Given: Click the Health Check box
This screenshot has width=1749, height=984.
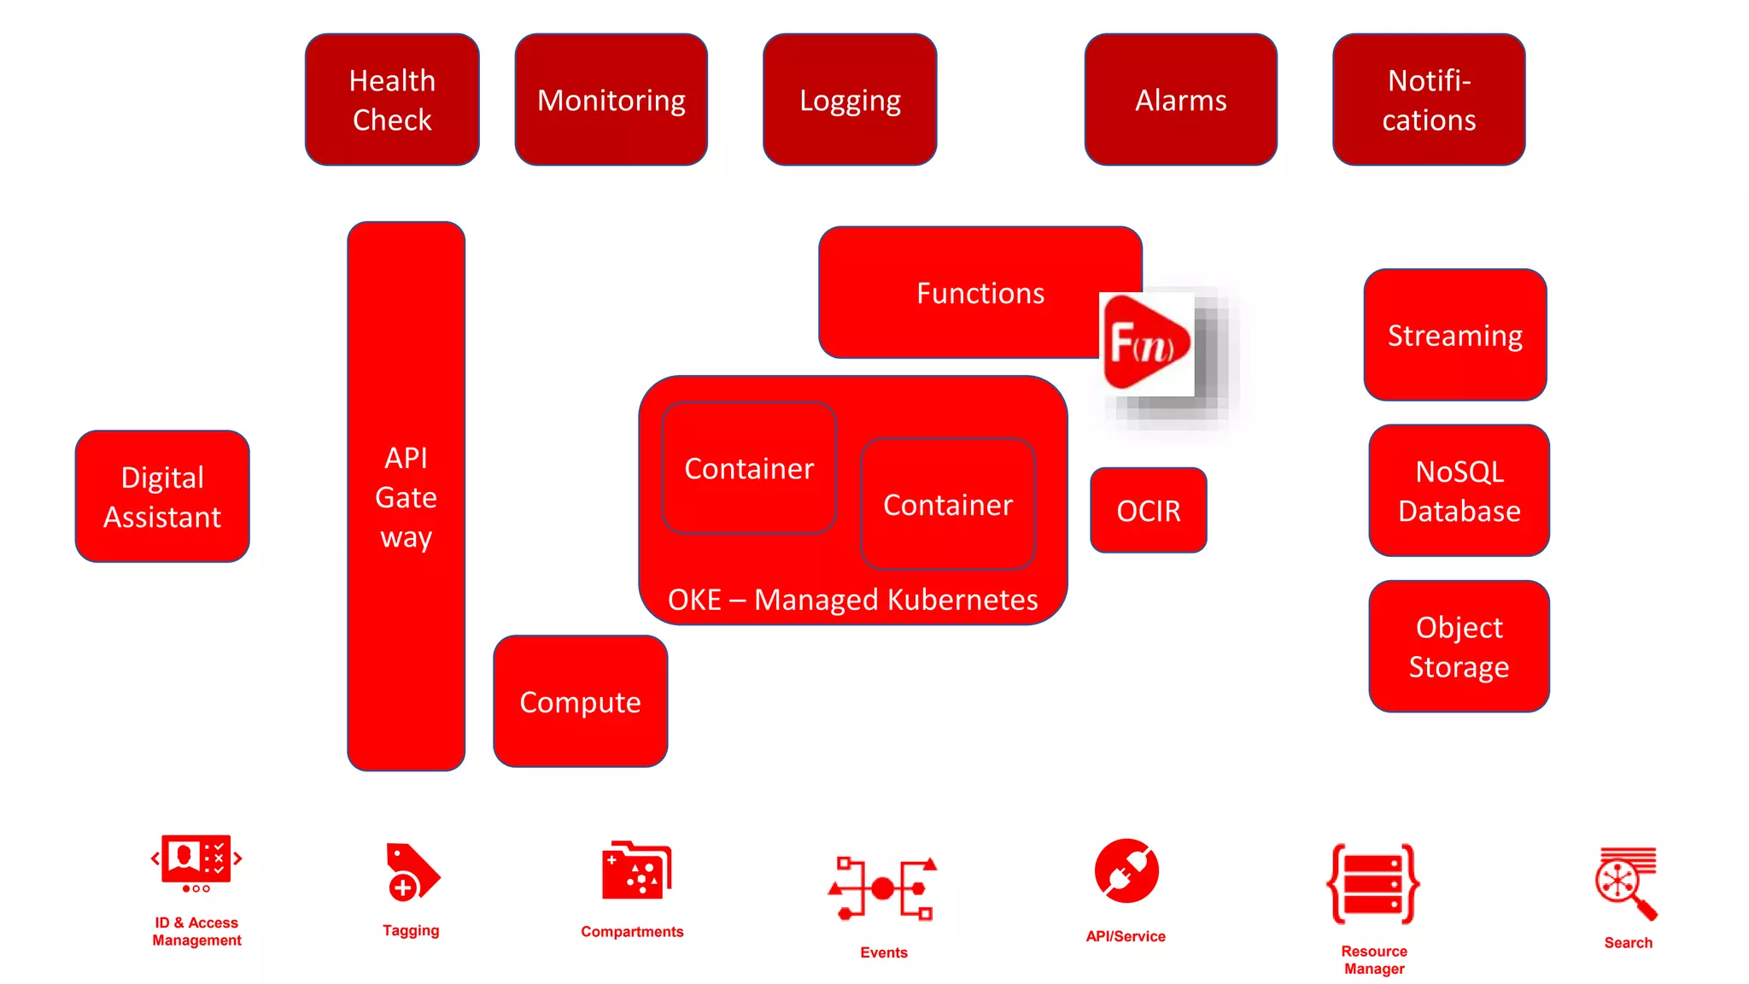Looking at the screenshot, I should click(392, 100).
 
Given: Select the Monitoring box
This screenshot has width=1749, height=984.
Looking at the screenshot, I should click(611, 100).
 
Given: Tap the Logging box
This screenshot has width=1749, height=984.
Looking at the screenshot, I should click(850, 100).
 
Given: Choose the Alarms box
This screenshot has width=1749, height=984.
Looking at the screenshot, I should click(1180, 100).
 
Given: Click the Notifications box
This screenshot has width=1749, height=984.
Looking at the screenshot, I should click(1429, 100).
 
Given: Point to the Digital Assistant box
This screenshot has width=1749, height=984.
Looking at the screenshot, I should click(162, 496).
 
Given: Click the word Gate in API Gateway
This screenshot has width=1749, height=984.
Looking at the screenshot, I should click(406, 497).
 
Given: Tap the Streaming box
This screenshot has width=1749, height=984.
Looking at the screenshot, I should click(1454, 335).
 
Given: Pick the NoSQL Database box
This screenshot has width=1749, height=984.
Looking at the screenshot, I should click(1459, 491).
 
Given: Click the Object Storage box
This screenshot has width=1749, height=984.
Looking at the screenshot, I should click(1459, 647).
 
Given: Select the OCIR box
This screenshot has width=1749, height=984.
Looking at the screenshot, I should click(1148, 510).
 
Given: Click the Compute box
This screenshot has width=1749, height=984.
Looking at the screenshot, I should click(580, 701).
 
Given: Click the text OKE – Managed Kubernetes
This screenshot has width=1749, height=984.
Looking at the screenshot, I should click(852, 600).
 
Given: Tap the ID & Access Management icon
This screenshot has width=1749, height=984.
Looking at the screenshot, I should click(196, 863).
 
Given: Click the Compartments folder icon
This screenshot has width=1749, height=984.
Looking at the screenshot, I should click(636, 871).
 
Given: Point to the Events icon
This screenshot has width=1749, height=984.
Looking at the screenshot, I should click(883, 888).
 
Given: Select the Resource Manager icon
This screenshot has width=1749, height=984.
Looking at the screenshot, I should click(1373, 884).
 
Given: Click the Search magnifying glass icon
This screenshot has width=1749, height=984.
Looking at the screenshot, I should click(1626, 883).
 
